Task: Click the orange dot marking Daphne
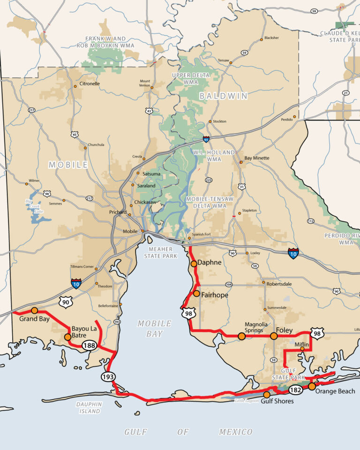click(x=194, y=264)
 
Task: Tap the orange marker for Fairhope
click(x=196, y=293)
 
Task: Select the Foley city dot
click(x=274, y=336)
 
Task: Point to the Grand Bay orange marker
click(x=34, y=310)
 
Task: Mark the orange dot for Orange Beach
click(x=312, y=386)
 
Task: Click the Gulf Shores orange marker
click(x=267, y=395)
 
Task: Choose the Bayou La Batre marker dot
click(x=68, y=337)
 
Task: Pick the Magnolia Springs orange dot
click(x=241, y=336)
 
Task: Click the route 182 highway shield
click(x=295, y=390)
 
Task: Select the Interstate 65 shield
click(x=206, y=139)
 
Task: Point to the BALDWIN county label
click(x=223, y=96)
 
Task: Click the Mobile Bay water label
click(x=154, y=329)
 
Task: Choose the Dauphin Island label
click(x=89, y=408)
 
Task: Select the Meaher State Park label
click(x=161, y=252)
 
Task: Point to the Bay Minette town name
click(x=257, y=158)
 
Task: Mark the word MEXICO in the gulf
click(x=235, y=432)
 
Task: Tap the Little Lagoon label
click(x=247, y=401)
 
